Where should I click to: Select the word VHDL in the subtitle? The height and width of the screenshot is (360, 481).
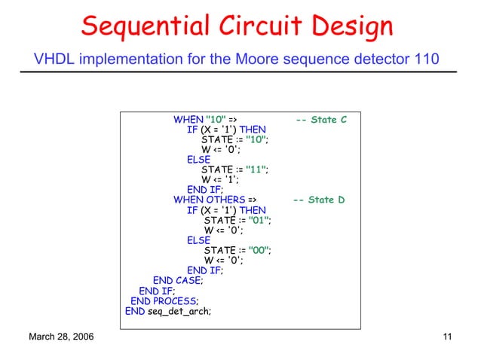point(54,59)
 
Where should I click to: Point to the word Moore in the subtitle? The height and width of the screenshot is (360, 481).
point(246,59)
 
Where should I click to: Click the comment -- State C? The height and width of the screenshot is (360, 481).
point(321,120)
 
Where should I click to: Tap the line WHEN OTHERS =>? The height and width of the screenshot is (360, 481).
point(214,200)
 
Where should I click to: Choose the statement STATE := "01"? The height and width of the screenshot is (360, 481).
point(237,220)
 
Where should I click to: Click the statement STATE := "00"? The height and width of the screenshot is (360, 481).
point(237,250)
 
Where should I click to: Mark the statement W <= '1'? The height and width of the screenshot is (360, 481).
point(220,179)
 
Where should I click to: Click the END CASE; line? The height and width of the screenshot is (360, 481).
point(178,280)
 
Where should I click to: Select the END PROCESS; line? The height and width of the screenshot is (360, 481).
point(165,301)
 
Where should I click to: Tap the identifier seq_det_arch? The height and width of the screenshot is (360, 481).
point(179,310)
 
